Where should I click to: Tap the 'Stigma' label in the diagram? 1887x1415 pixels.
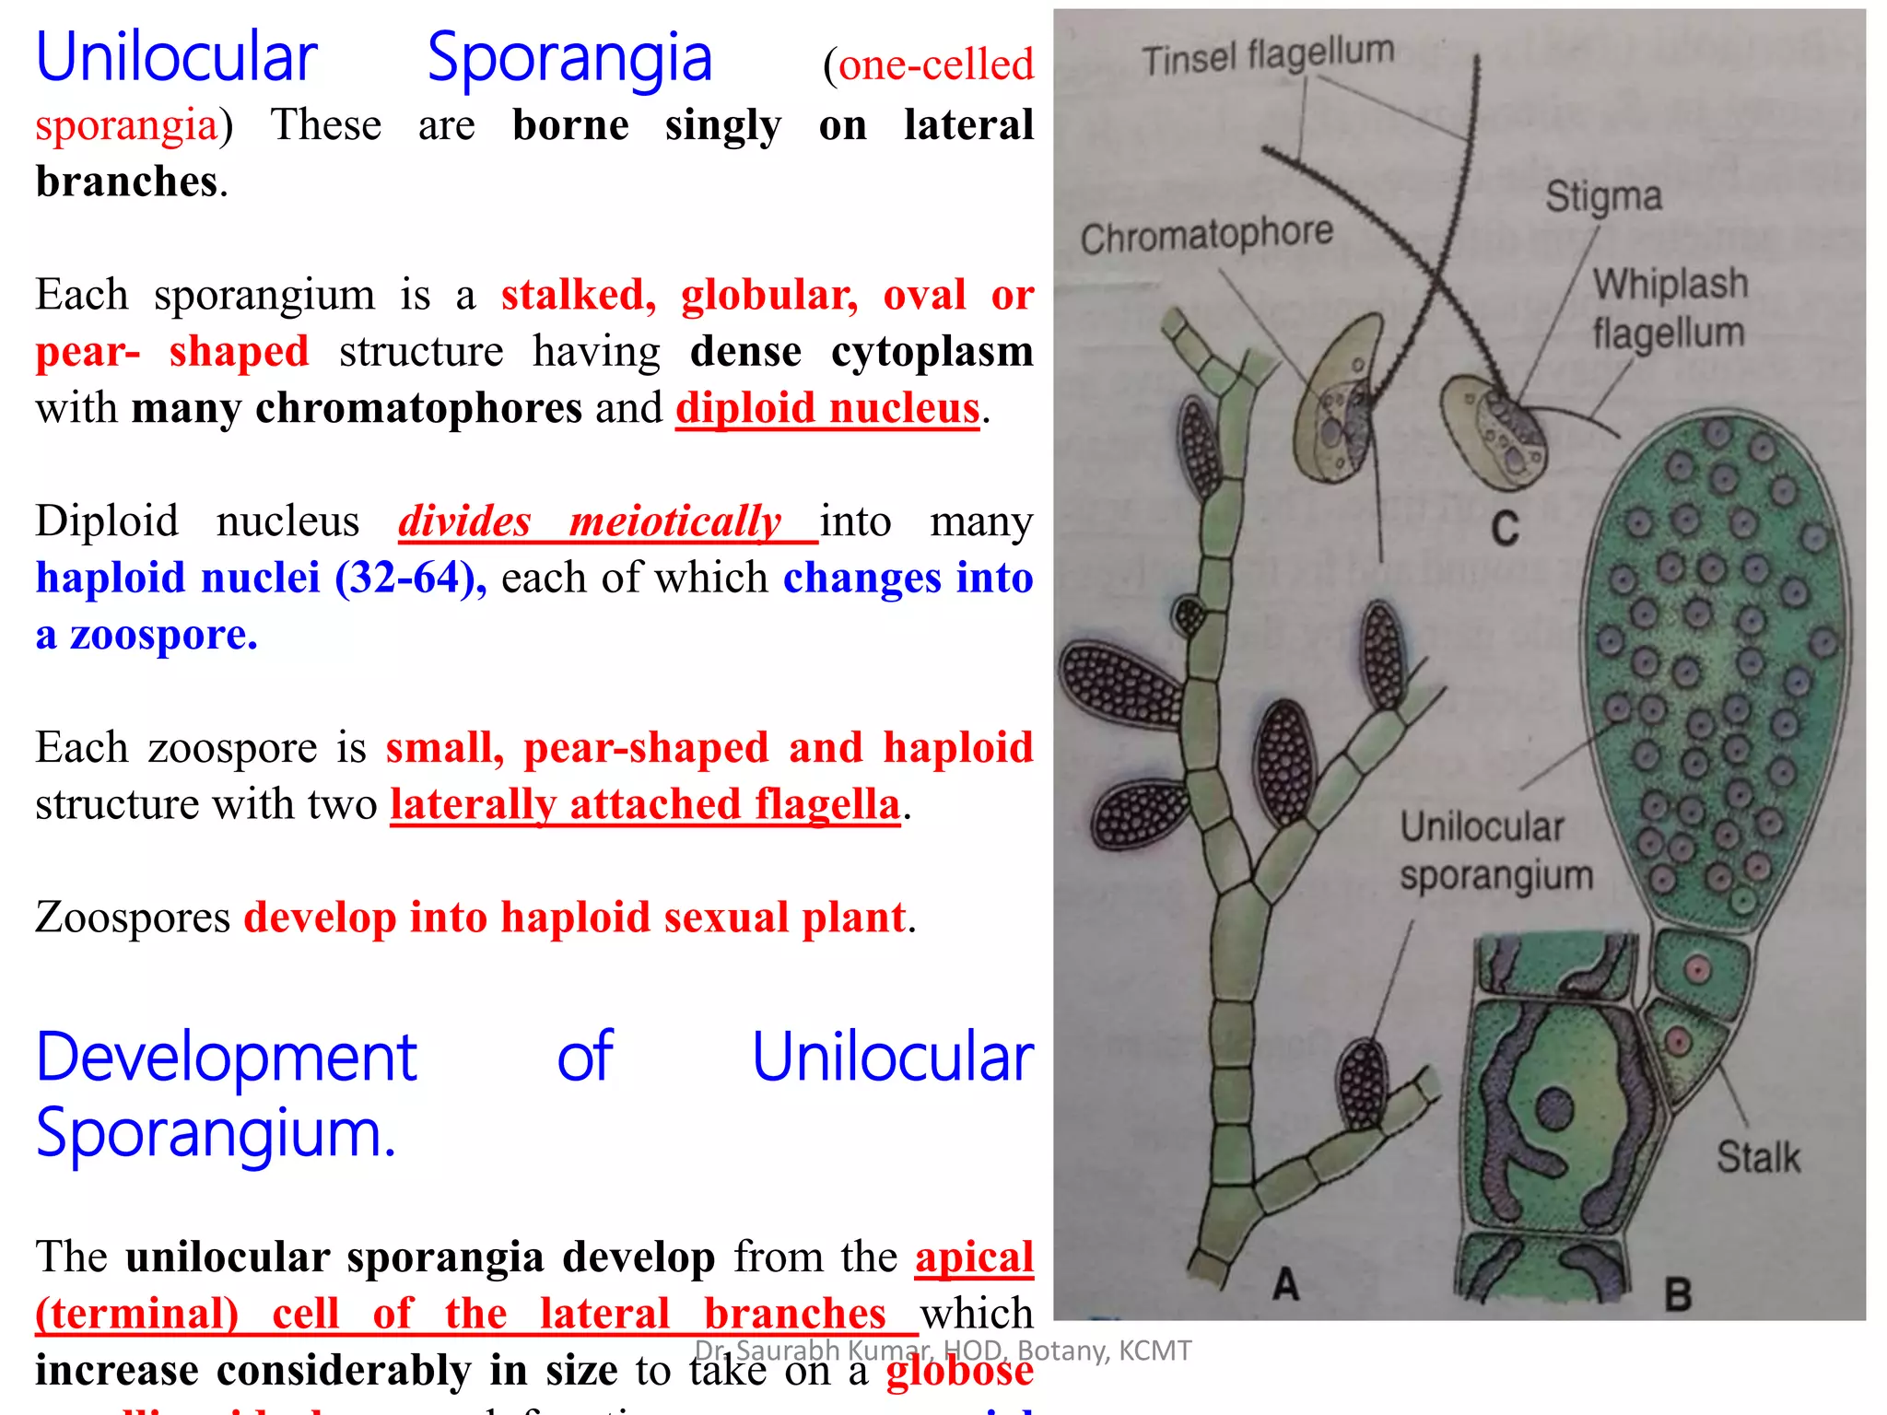pyautogui.click(x=1603, y=196)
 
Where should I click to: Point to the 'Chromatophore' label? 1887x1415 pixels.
pyautogui.click(x=1206, y=236)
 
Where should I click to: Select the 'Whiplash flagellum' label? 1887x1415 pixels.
pyautogui.click(x=1670, y=309)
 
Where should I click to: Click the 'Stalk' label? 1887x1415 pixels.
pyautogui.click(x=1757, y=1157)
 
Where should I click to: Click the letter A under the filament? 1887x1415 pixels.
pyautogui.click(x=1285, y=1283)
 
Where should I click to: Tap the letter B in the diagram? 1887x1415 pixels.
pyautogui.click(x=1677, y=1294)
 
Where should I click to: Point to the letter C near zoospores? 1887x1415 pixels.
pyautogui.click(x=1505, y=529)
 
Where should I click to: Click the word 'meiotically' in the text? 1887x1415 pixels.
pyautogui.click(x=675, y=521)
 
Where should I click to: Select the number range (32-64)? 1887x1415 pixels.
pyautogui.click(x=410, y=579)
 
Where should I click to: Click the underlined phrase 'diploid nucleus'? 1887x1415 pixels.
pyautogui.click(x=826, y=408)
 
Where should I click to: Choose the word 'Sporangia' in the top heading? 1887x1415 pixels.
pyautogui.click(x=569, y=59)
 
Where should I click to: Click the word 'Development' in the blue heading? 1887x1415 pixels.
pyautogui.click(x=227, y=1057)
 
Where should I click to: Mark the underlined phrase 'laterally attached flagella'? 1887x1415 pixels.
pyautogui.click(x=644, y=804)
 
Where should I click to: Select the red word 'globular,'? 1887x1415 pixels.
pyautogui.click(x=769, y=295)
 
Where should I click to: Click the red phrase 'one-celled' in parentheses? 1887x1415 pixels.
pyautogui.click(x=936, y=65)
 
